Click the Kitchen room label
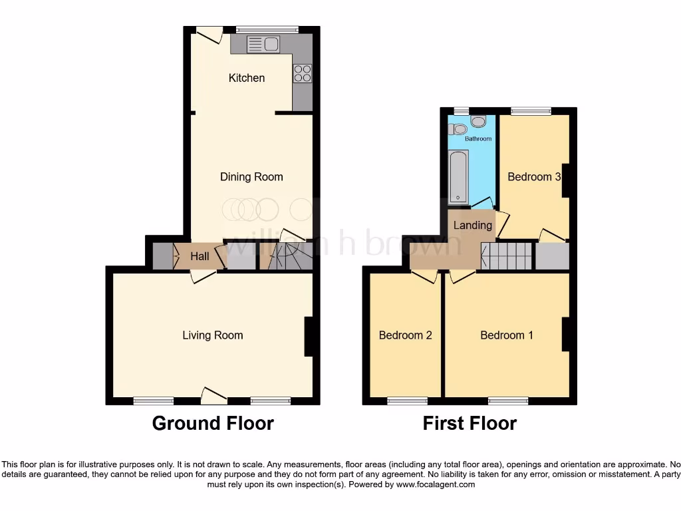point(247,78)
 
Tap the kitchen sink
point(263,45)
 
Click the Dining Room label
point(251,177)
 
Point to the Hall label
point(200,256)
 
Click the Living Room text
point(213,335)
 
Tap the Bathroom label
point(478,139)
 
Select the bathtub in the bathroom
point(459,176)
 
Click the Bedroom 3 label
point(534,177)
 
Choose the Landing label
point(473,225)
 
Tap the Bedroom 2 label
point(405,335)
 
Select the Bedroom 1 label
point(507,335)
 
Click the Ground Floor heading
point(213,423)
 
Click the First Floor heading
point(470,423)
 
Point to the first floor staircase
point(506,255)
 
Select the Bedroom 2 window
point(408,401)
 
